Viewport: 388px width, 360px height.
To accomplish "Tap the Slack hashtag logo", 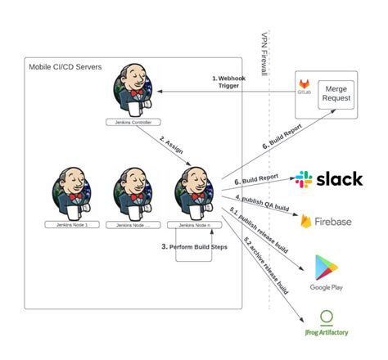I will pos(304,180).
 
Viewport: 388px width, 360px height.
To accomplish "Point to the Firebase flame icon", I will pos(305,221).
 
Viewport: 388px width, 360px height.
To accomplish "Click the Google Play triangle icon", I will pos(325,267).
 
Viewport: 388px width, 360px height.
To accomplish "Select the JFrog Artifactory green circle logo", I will pos(326,317).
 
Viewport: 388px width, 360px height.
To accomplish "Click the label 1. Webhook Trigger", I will pos(227,82).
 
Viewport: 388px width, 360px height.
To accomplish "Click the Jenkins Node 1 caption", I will pos(69,224).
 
